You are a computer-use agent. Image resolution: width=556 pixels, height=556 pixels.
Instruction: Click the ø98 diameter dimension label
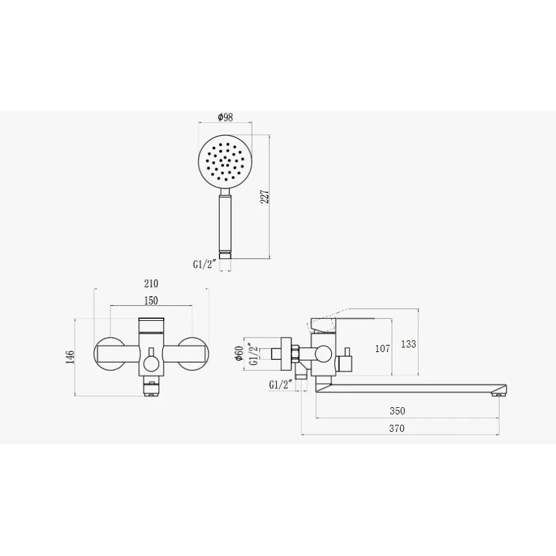pos(225,117)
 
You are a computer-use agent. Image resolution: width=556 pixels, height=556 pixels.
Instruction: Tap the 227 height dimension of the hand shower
pos(265,197)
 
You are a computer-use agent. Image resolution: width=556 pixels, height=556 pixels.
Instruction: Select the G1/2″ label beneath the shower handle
pos(205,264)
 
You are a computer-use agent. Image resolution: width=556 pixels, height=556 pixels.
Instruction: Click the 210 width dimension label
pos(151,284)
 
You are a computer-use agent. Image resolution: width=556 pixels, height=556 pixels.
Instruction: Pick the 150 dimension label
pos(151,301)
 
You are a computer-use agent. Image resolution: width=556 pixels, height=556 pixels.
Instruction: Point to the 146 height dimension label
pos(70,357)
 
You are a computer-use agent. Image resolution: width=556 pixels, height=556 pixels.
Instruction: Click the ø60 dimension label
pos(239,353)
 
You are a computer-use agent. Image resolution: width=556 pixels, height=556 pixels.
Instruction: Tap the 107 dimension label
pos(383,349)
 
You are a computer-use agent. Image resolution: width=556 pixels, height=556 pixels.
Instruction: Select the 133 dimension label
pos(409,344)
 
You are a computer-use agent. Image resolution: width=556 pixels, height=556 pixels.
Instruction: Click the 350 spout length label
pos(397,411)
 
